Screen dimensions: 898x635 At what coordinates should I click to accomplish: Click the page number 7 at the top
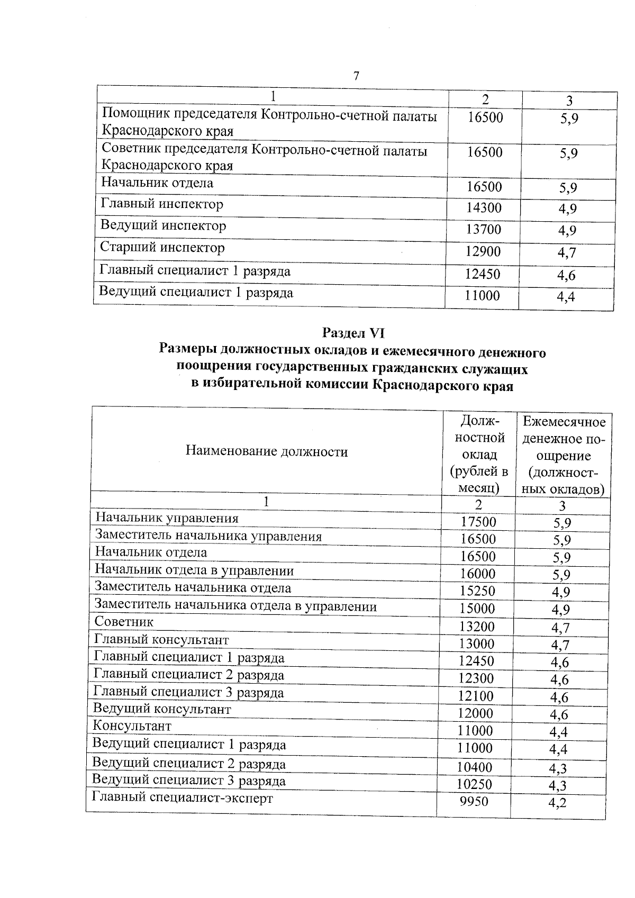click(356, 76)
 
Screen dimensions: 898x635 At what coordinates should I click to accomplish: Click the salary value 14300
click(484, 208)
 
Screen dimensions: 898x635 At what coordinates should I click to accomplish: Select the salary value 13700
click(484, 230)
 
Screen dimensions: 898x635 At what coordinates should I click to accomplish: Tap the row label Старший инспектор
click(162, 248)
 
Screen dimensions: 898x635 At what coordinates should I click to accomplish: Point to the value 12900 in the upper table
click(483, 252)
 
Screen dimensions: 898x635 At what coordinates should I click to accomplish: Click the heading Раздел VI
click(353, 333)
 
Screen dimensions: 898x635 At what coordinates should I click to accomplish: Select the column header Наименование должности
click(267, 451)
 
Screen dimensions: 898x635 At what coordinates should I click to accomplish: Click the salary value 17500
click(478, 522)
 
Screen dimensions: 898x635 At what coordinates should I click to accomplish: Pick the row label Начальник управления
click(167, 518)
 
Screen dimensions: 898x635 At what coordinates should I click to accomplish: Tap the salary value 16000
click(478, 574)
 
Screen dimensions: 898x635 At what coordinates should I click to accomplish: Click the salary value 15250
click(478, 591)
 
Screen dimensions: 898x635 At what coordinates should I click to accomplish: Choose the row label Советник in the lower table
click(124, 622)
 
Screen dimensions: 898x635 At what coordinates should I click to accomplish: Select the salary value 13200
click(477, 627)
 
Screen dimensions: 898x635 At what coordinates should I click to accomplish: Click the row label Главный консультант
click(161, 640)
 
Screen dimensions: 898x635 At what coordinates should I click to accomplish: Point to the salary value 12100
click(476, 696)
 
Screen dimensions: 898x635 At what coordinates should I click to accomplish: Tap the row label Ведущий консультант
click(162, 709)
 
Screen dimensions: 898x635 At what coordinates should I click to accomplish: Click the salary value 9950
click(474, 802)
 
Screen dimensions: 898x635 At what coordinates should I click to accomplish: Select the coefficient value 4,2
click(558, 803)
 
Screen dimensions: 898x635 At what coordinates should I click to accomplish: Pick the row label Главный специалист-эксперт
click(183, 797)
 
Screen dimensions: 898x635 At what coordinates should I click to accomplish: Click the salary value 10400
click(475, 767)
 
